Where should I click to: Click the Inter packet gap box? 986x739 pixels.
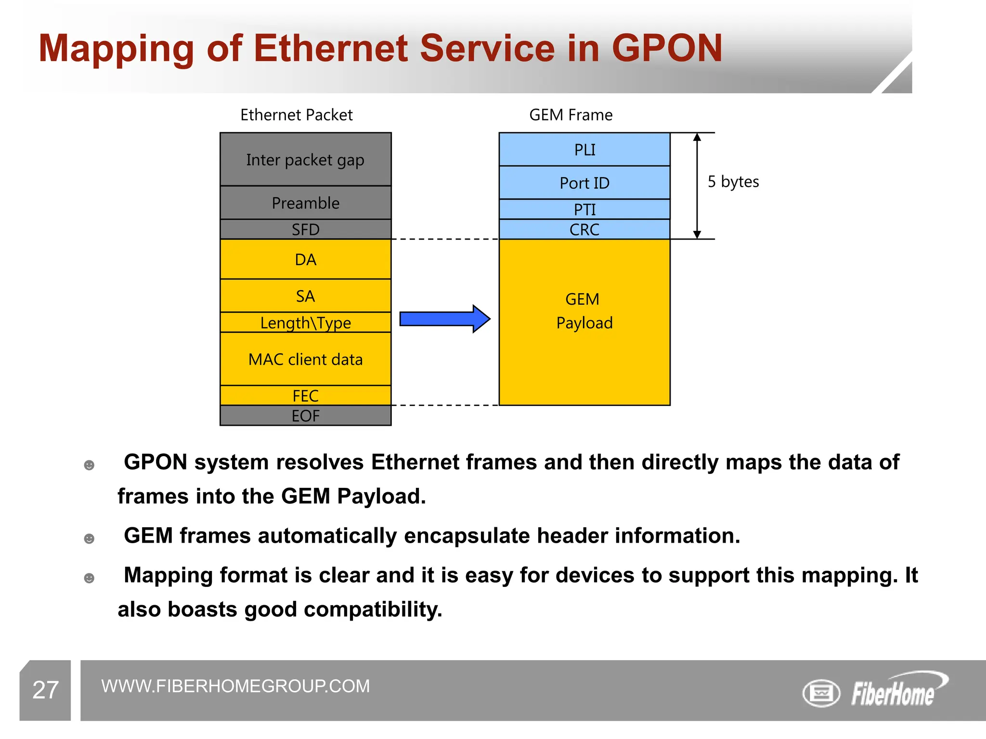[x=305, y=159]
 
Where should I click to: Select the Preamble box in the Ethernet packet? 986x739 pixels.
[x=305, y=203]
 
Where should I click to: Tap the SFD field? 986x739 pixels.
[x=305, y=229]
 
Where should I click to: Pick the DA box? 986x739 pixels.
[x=305, y=259]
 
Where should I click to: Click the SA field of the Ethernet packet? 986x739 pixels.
[x=305, y=296]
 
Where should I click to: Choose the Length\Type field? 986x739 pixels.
[x=305, y=322]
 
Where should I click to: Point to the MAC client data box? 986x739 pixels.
[x=305, y=359]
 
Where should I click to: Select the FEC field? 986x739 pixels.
[x=305, y=395]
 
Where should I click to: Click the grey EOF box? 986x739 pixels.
[x=305, y=416]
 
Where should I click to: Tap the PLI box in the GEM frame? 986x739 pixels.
[x=584, y=150]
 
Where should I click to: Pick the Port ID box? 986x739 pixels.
[x=584, y=183]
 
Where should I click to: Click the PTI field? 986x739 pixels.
[x=584, y=209]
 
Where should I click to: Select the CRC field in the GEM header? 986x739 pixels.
[x=584, y=229]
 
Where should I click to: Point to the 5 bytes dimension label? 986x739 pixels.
[x=733, y=182]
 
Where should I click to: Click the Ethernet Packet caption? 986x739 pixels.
[x=296, y=115]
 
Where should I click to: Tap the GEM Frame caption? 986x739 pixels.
[x=571, y=115]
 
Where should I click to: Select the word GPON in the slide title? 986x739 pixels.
[x=667, y=48]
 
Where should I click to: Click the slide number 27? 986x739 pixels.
[x=45, y=690]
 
